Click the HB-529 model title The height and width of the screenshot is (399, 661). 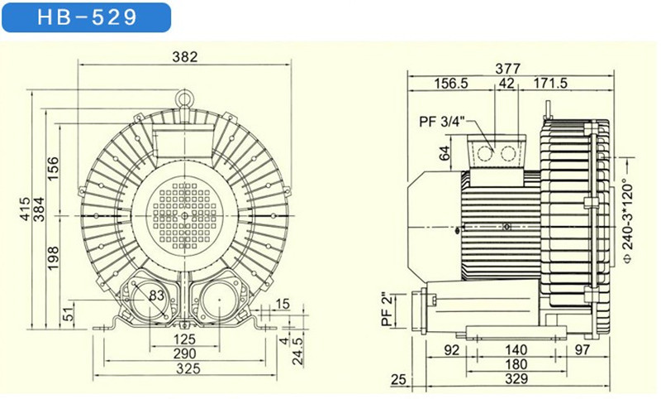pyautogui.click(x=88, y=17)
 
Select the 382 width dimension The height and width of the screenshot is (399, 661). pyautogui.click(x=184, y=56)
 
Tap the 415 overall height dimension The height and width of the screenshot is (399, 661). pyautogui.click(x=26, y=209)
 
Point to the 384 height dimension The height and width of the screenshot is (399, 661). pyautogui.click(x=39, y=209)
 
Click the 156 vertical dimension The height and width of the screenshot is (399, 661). pyautogui.click(x=53, y=169)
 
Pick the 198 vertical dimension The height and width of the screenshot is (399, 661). pyautogui.click(x=53, y=258)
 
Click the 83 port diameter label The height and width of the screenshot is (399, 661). pyautogui.click(x=156, y=296)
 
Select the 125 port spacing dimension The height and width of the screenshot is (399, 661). pyautogui.click(x=184, y=339)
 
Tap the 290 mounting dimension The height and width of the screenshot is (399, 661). pyautogui.click(x=184, y=353)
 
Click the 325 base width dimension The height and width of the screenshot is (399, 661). pyautogui.click(x=188, y=368)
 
